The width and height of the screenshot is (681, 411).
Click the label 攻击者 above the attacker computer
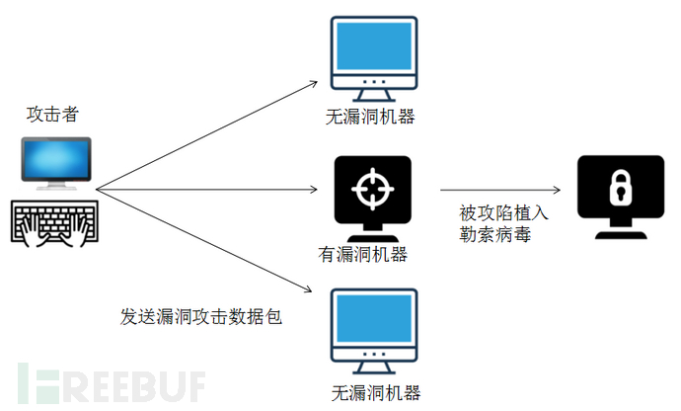52,115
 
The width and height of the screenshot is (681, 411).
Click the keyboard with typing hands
54,223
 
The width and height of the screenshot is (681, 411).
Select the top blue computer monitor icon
374,58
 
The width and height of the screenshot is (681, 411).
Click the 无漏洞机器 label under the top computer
370,117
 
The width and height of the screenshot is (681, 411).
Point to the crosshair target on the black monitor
373,189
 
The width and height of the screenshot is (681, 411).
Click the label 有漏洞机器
362,255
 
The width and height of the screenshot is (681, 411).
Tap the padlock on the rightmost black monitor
621,188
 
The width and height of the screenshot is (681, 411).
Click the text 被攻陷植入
503,213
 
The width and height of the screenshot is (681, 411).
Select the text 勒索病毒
495,234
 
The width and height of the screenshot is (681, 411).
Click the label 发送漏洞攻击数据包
201,316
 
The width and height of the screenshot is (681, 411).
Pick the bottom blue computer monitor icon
374,331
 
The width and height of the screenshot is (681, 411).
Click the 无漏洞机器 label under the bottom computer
376,393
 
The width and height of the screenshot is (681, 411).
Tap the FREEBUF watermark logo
112,383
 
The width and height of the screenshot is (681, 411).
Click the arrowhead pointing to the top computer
314,83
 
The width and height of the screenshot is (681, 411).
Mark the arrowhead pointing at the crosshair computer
314,189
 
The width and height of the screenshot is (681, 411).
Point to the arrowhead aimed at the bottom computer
308,288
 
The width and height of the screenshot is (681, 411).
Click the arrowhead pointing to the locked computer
557,190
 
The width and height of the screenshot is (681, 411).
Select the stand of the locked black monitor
621,229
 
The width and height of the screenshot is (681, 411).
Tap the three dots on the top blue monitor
374,82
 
